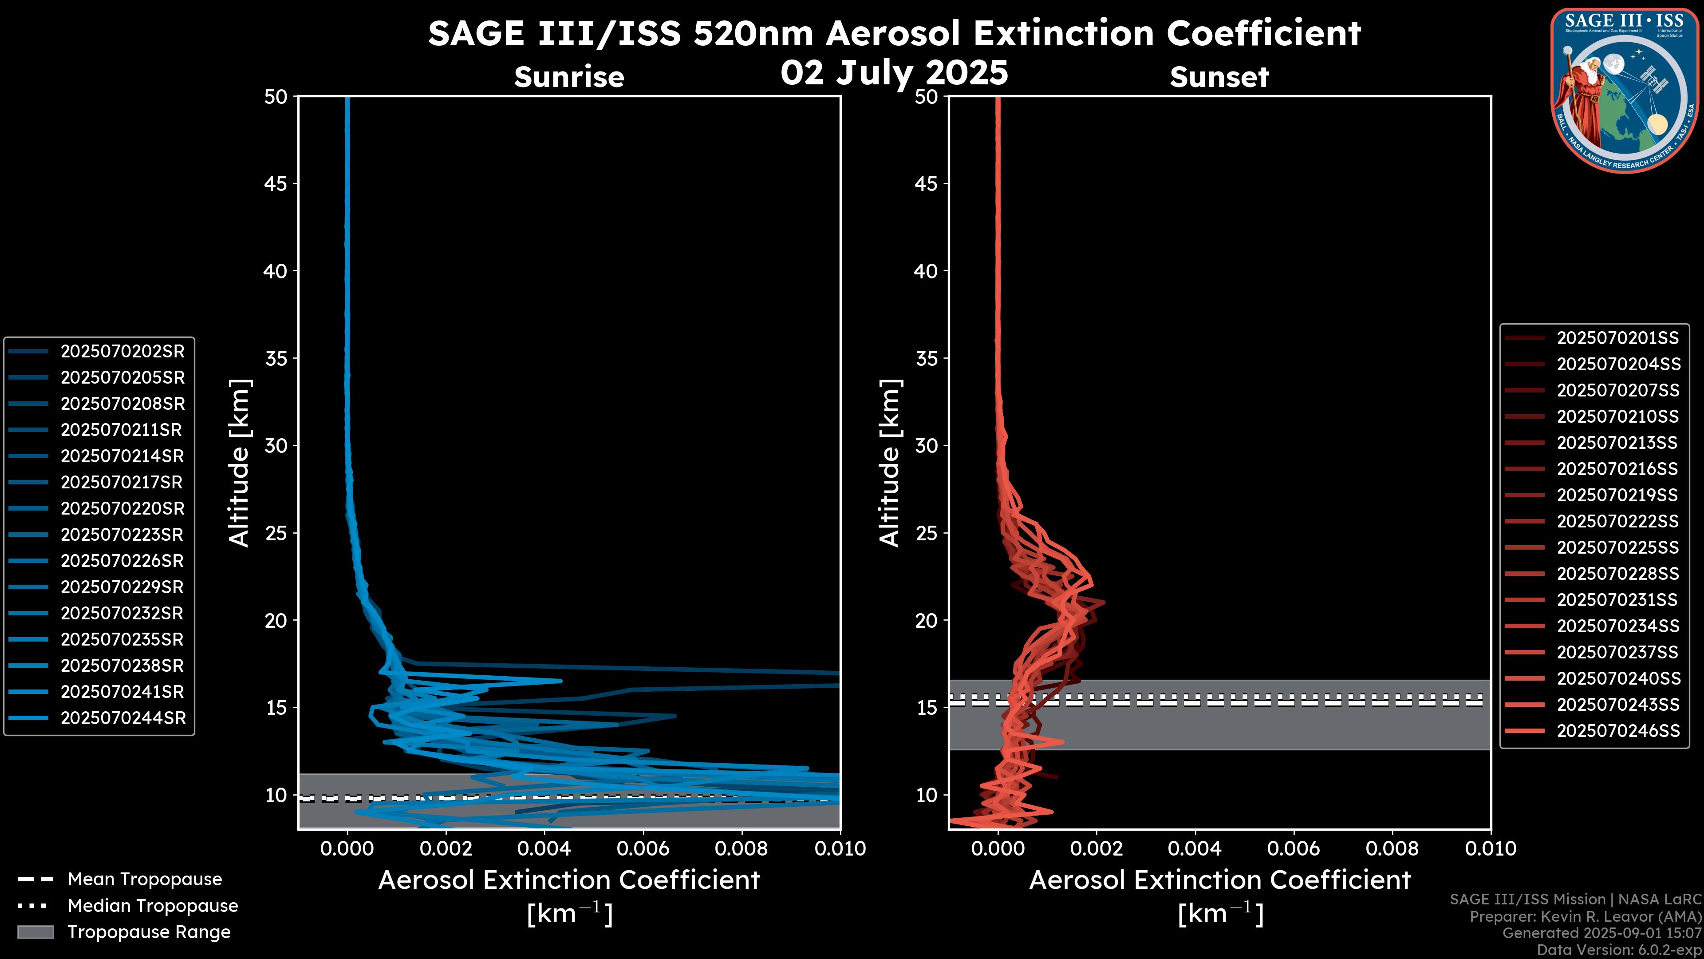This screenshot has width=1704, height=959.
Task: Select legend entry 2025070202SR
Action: tap(122, 352)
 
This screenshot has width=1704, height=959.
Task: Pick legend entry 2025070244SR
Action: tap(123, 718)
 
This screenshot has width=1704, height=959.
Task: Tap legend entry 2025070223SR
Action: tap(122, 535)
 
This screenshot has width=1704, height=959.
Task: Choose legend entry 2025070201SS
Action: tap(1617, 338)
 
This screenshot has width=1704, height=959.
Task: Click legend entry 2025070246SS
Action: tap(1618, 731)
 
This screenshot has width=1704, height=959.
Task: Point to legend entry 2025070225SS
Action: tap(1617, 547)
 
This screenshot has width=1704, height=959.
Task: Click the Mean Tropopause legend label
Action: tap(145, 879)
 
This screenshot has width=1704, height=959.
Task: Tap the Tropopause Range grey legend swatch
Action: tap(35, 932)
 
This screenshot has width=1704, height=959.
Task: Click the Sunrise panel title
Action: tap(569, 77)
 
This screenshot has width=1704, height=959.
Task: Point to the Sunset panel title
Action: tap(1219, 77)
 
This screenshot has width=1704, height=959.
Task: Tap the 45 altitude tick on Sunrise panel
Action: tap(276, 183)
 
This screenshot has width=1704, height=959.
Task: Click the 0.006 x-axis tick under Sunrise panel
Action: tap(643, 848)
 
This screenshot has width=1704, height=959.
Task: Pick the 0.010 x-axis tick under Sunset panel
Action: tap(1491, 848)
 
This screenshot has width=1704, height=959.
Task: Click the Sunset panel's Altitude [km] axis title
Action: tap(890, 463)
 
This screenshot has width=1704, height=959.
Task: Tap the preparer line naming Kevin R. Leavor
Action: tap(1585, 917)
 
